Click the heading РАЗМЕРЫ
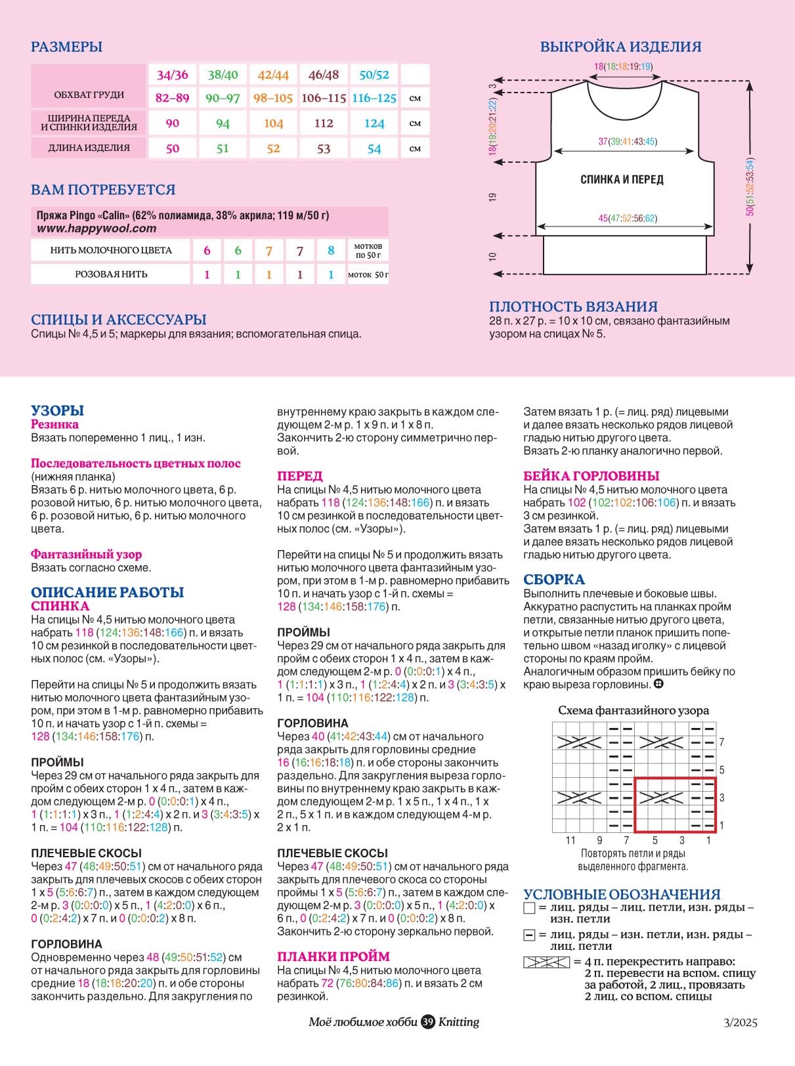[66, 47]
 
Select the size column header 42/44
[273, 75]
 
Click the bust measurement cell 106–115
[324, 98]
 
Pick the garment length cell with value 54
[374, 148]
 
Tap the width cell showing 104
[273, 123]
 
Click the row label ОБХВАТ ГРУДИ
[89, 95]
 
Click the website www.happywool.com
[97, 228]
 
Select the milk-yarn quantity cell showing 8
[331, 250]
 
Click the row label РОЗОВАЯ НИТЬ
[111, 274]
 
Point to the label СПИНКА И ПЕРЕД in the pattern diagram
[622, 179]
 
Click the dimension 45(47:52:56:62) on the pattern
[627, 218]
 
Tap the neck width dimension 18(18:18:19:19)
[623, 66]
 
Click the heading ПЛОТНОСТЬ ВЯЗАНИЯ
[573, 307]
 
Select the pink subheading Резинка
[54, 424]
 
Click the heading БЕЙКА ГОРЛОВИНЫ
[591, 476]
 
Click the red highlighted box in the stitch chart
[675, 805]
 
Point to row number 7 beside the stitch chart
[721, 742]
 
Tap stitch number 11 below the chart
[570, 840]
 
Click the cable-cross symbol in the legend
[546, 962]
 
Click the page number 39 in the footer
[428, 1022]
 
